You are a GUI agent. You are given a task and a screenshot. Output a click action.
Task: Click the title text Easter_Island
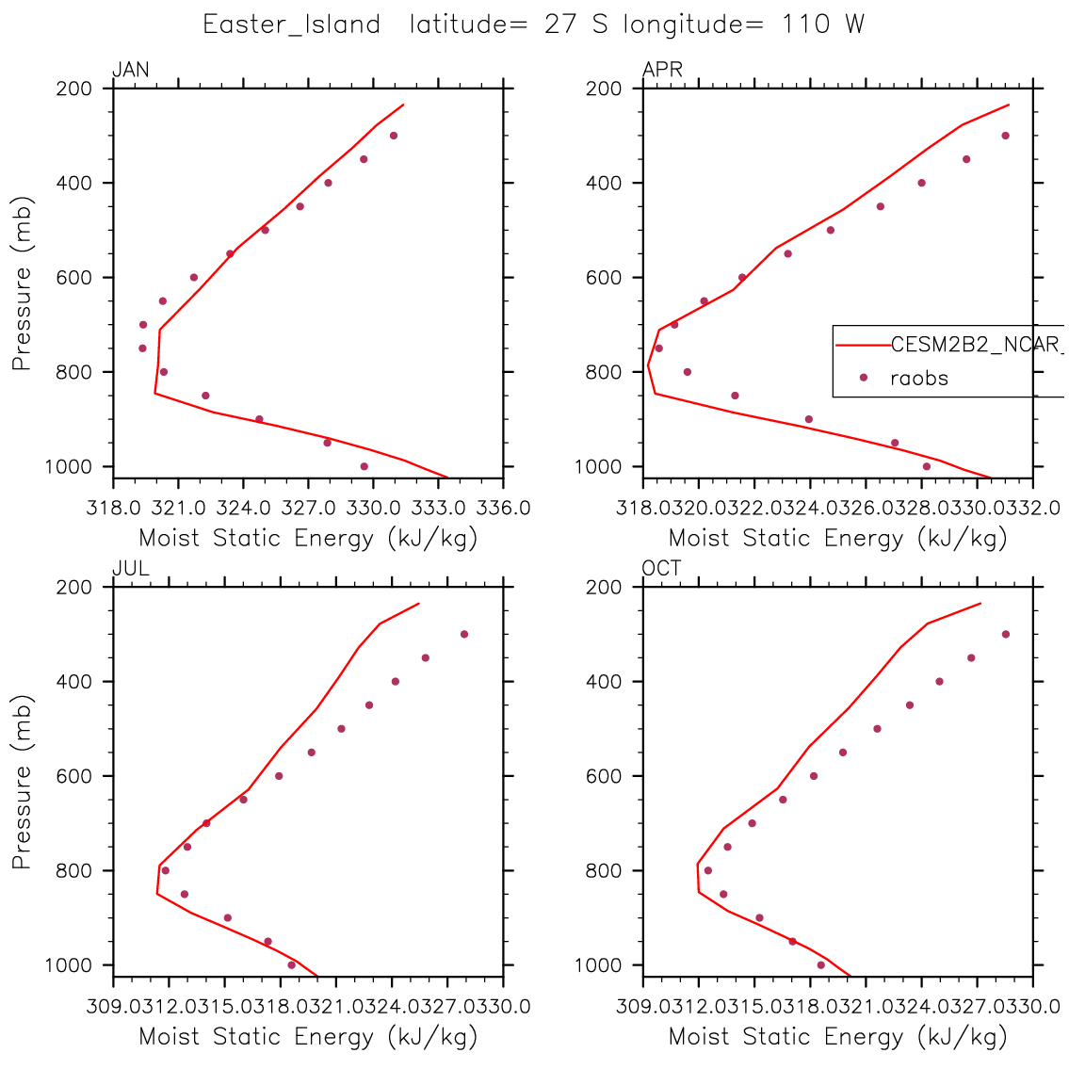(x=292, y=24)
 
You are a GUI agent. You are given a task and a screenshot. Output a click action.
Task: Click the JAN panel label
(x=131, y=70)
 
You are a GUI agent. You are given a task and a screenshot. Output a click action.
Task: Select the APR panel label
(x=662, y=70)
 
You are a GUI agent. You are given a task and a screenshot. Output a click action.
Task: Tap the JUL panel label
(x=130, y=569)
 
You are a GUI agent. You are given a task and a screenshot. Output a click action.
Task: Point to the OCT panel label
(x=662, y=569)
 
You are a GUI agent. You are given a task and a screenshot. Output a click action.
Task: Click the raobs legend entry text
(x=919, y=379)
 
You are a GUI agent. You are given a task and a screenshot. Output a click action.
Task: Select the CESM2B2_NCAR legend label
(x=975, y=345)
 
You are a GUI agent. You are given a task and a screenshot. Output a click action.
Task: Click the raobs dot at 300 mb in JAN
(x=394, y=136)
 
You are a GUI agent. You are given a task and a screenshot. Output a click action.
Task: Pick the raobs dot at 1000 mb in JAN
(x=364, y=466)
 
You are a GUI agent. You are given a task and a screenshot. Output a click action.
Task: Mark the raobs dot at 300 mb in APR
(x=1005, y=136)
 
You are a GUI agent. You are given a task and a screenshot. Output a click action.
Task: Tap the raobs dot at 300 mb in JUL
(x=464, y=634)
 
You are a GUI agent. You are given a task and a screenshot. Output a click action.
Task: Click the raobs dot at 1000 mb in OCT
(x=820, y=964)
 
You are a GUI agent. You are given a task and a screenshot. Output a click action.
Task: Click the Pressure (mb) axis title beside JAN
(x=23, y=283)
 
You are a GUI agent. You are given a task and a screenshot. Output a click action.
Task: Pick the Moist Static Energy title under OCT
(x=837, y=1037)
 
